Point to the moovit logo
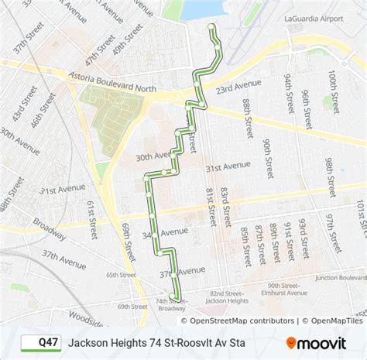pyautogui.click(x=318, y=341)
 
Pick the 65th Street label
pyautogui.click(x=121, y=274)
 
